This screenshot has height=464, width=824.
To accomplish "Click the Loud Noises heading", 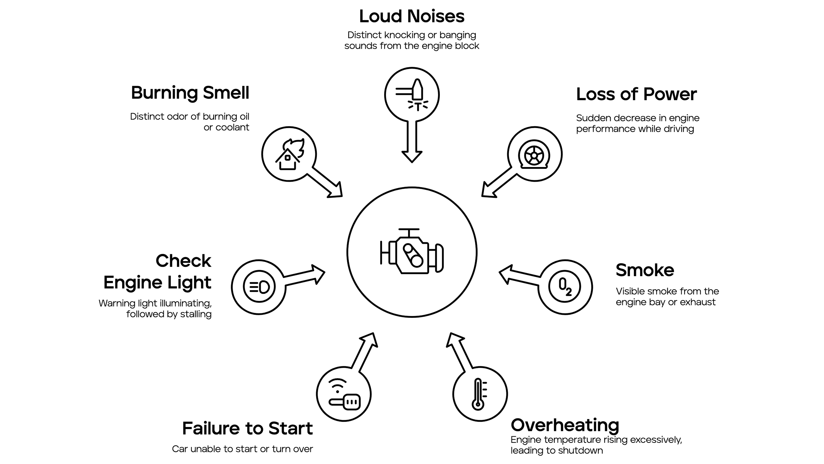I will (x=412, y=16).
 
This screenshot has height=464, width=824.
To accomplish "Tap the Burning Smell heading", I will (x=190, y=93).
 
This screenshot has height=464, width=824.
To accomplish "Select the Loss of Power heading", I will (x=636, y=94).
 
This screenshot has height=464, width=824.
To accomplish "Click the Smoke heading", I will (x=645, y=270).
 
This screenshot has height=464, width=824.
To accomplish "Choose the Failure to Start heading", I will (x=247, y=428).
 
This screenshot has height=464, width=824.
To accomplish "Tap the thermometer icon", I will (x=479, y=394).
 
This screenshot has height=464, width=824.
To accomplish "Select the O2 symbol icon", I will (x=565, y=287).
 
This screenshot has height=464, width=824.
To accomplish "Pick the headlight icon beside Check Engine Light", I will (x=259, y=287).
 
